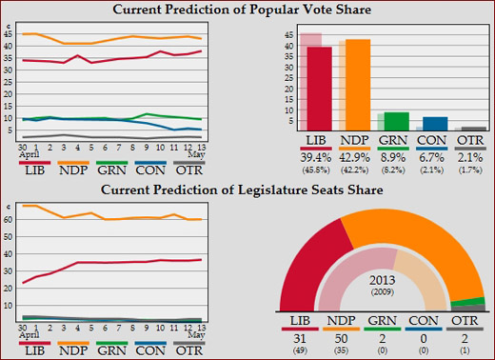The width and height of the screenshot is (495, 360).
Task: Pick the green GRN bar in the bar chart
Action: [x=396, y=121]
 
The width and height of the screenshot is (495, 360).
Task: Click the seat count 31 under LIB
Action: [x=300, y=338]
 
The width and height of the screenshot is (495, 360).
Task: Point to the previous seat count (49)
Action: [x=300, y=350]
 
